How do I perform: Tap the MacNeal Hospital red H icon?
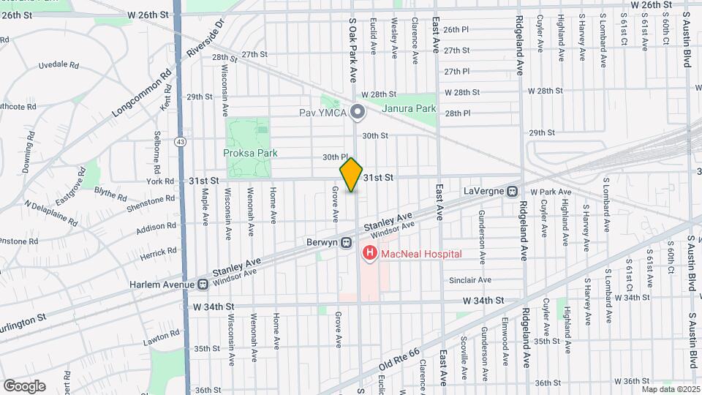click(x=370, y=254)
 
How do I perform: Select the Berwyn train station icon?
click(x=347, y=243)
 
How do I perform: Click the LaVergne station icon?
click(x=513, y=191)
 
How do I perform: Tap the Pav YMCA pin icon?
click(x=357, y=113)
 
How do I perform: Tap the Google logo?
click(x=24, y=385)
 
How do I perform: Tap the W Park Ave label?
click(x=551, y=192)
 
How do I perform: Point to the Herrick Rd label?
click(x=160, y=250)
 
